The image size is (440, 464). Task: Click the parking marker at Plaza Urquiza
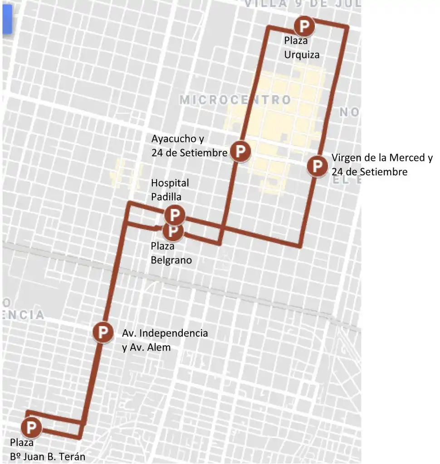pos(303,26)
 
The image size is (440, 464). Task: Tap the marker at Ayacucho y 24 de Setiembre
pos(240,151)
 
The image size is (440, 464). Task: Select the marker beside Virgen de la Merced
pos(317,166)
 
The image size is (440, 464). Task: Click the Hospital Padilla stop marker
pos(175,214)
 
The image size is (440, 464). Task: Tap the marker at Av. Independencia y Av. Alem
pos(103,332)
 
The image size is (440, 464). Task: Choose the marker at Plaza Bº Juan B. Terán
pos(31,427)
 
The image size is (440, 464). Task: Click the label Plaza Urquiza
pos(302,48)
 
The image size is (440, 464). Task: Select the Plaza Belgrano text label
pos(171,253)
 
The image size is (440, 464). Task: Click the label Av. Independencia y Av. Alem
pos(165,340)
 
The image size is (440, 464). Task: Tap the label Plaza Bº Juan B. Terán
pos(47,449)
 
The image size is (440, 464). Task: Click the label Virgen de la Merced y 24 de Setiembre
pos(381,164)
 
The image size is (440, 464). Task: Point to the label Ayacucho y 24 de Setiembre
pos(189,145)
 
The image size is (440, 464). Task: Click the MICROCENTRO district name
pos(235,100)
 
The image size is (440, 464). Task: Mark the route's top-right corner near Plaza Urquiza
pos(347,28)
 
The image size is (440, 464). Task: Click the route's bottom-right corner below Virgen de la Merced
pos(299,246)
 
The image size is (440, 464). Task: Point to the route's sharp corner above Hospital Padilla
pos(130,203)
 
